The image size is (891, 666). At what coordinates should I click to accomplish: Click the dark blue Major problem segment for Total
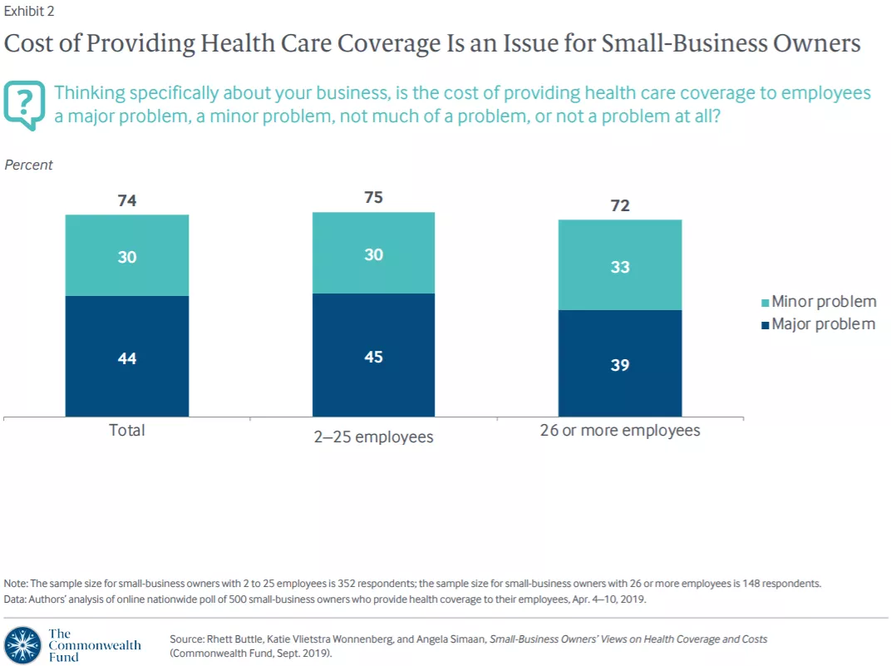coord(126,357)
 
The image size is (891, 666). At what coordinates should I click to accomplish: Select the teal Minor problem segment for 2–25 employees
coord(373,253)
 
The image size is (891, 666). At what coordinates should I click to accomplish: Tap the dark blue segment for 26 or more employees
coord(620,363)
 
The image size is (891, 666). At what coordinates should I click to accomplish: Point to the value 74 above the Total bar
coord(127,200)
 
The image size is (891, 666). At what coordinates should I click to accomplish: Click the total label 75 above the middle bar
coord(373,197)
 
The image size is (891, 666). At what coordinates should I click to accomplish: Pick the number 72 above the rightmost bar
coord(620,205)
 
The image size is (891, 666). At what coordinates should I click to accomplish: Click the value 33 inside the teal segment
coord(620,267)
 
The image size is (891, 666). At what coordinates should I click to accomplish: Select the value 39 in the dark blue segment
coord(620,365)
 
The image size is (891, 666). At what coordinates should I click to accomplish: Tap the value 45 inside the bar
coord(373,357)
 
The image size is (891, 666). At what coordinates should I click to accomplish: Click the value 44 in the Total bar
coord(127,358)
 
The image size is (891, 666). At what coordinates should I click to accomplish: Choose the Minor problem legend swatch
coord(765,303)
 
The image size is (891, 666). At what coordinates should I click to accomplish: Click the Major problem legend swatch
coord(765,325)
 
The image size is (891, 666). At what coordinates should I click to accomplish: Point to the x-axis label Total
coord(126,430)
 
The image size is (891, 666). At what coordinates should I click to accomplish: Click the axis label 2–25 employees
coord(373,437)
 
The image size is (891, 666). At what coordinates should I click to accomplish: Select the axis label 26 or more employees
coord(620,431)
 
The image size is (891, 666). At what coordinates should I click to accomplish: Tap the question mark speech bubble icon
coord(24,105)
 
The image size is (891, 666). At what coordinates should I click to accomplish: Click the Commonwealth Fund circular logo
coord(22,645)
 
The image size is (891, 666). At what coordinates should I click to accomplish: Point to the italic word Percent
coord(28,165)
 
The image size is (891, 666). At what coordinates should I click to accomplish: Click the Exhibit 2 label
coord(29,12)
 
